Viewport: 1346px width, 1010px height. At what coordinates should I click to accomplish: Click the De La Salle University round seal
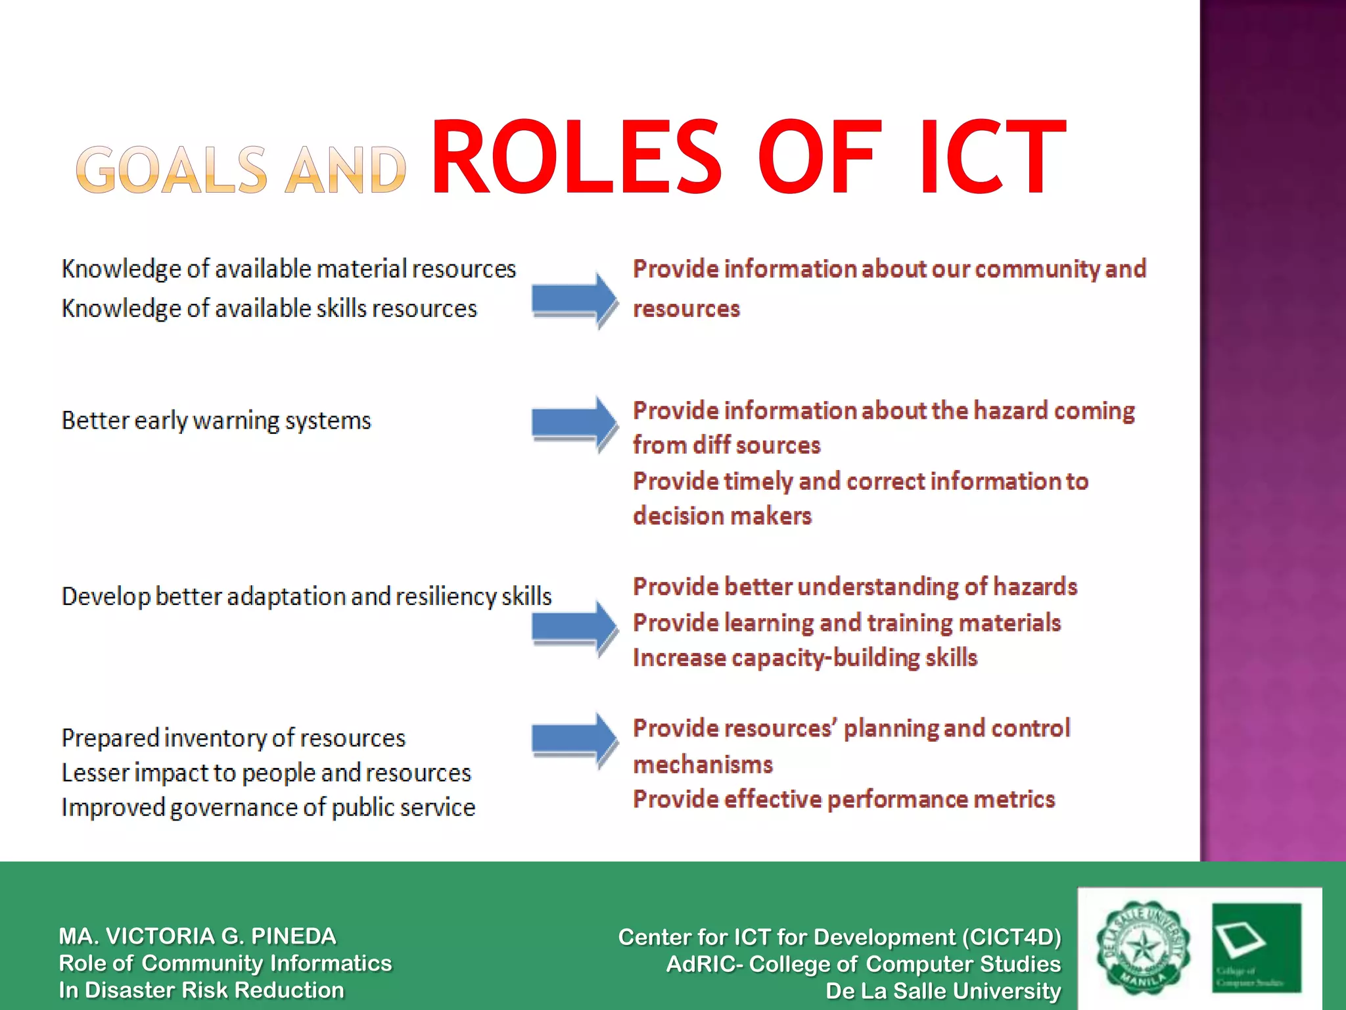point(1143,947)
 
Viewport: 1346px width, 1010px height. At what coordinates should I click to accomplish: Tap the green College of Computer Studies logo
point(1256,947)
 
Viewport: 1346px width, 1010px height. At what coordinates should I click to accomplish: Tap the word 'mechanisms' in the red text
point(703,765)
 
